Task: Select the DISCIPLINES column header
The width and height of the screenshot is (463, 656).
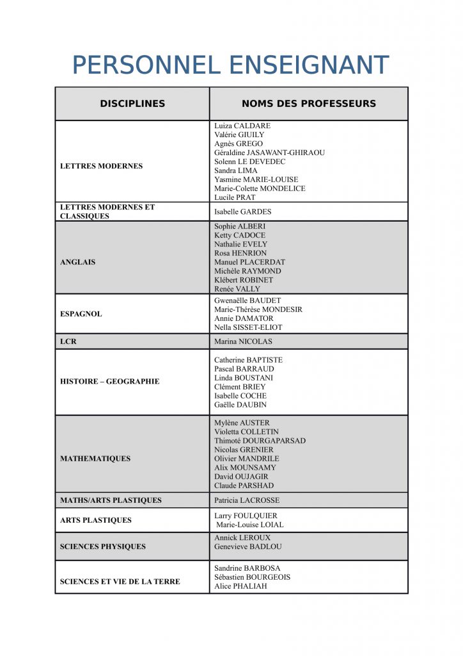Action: (132, 104)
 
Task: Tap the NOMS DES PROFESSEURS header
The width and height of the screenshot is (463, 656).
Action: (309, 104)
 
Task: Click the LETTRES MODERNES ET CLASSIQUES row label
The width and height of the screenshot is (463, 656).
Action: (107, 211)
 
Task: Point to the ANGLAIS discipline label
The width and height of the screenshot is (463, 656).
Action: (77, 262)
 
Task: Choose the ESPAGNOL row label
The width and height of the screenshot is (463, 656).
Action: (81, 314)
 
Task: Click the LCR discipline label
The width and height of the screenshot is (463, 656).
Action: (68, 341)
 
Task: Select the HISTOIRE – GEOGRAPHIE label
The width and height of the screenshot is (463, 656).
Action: (109, 382)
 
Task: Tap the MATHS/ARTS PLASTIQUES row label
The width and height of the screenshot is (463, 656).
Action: (111, 500)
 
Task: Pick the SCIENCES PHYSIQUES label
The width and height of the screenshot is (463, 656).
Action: (102, 546)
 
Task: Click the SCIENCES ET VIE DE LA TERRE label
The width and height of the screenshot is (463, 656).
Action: (120, 582)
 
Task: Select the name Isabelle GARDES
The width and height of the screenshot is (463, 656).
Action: (243, 212)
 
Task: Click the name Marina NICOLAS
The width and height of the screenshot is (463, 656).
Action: (243, 341)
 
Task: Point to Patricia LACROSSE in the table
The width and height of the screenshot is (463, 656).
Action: (247, 500)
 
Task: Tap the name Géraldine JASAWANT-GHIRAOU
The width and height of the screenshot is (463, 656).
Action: (269, 153)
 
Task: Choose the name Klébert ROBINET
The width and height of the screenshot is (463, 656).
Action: (244, 280)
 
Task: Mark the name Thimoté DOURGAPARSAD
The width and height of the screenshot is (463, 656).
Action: (260, 441)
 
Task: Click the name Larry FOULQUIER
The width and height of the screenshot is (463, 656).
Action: (246, 516)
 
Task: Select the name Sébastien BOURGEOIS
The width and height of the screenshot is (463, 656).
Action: (252, 577)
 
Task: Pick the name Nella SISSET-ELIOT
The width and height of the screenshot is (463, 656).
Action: (248, 327)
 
